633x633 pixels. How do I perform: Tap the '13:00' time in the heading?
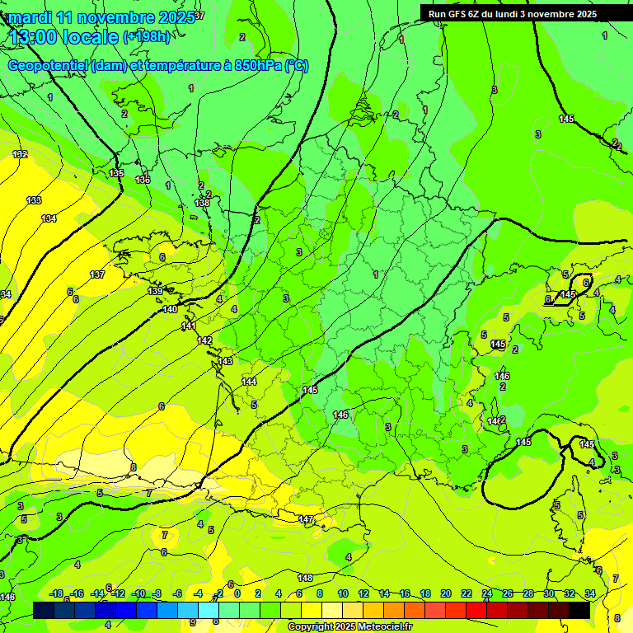click(35, 37)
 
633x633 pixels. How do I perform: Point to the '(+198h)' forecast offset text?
click(146, 37)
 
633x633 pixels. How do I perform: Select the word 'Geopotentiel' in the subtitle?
click(49, 66)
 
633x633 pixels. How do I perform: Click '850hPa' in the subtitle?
click(255, 66)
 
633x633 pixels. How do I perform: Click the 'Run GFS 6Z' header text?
click(456, 14)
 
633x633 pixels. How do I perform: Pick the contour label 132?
click(21, 154)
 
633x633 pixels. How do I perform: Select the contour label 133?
click(34, 200)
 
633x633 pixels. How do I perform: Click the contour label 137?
click(97, 274)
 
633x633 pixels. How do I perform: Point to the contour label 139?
click(155, 291)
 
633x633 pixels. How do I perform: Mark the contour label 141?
click(189, 326)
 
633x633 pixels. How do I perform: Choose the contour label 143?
click(225, 361)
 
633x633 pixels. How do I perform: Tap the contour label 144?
click(250, 382)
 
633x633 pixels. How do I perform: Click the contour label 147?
click(306, 519)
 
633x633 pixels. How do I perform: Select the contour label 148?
click(305, 577)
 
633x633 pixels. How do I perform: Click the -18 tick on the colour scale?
click(57, 593)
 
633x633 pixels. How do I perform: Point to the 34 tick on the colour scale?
click(589, 593)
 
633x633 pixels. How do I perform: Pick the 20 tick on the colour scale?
click(446, 593)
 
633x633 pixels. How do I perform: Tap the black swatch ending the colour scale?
click(579, 610)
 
